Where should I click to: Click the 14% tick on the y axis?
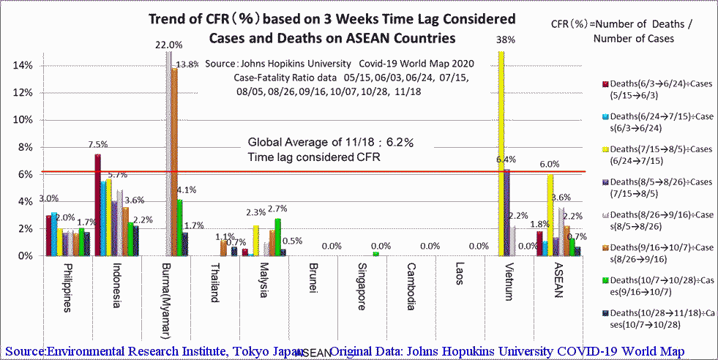pyautogui.click(x=23, y=66)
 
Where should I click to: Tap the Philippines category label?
pyautogui.click(x=67, y=286)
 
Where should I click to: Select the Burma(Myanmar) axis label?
pyautogui.click(x=165, y=301)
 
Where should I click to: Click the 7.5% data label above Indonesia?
pyautogui.click(x=97, y=144)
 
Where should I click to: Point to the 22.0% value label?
pyautogui.click(x=168, y=45)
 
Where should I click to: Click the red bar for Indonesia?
pyautogui.click(x=97, y=205)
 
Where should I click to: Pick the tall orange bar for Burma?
pyautogui.click(x=174, y=161)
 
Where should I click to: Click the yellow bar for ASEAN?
pyautogui.click(x=550, y=215)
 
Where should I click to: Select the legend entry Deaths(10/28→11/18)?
pyautogui.click(x=656, y=318)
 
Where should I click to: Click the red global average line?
pyautogui.click(x=366, y=172)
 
